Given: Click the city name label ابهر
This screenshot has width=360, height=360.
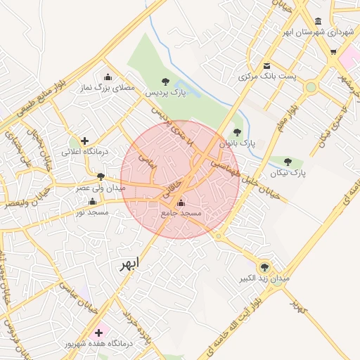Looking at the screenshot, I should (129, 263).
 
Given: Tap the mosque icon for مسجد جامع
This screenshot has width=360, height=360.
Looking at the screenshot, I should (181, 203).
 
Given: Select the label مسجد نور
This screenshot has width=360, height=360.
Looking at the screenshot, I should (92, 212).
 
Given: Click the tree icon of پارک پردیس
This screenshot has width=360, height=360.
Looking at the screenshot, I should (165, 82).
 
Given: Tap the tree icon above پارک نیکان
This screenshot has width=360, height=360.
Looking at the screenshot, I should (288, 162).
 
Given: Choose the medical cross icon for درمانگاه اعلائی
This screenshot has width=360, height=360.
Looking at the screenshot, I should (85, 141).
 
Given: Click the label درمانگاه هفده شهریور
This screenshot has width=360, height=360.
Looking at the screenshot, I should (97, 344).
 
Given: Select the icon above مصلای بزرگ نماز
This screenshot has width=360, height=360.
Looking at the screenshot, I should (108, 77).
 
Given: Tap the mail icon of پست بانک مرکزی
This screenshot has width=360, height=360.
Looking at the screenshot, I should (266, 66).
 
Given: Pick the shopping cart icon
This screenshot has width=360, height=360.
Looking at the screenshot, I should (333, 52).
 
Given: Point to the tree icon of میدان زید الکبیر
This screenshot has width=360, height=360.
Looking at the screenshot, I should (264, 266).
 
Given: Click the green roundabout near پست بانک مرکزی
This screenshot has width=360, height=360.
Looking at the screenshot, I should (311, 87).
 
